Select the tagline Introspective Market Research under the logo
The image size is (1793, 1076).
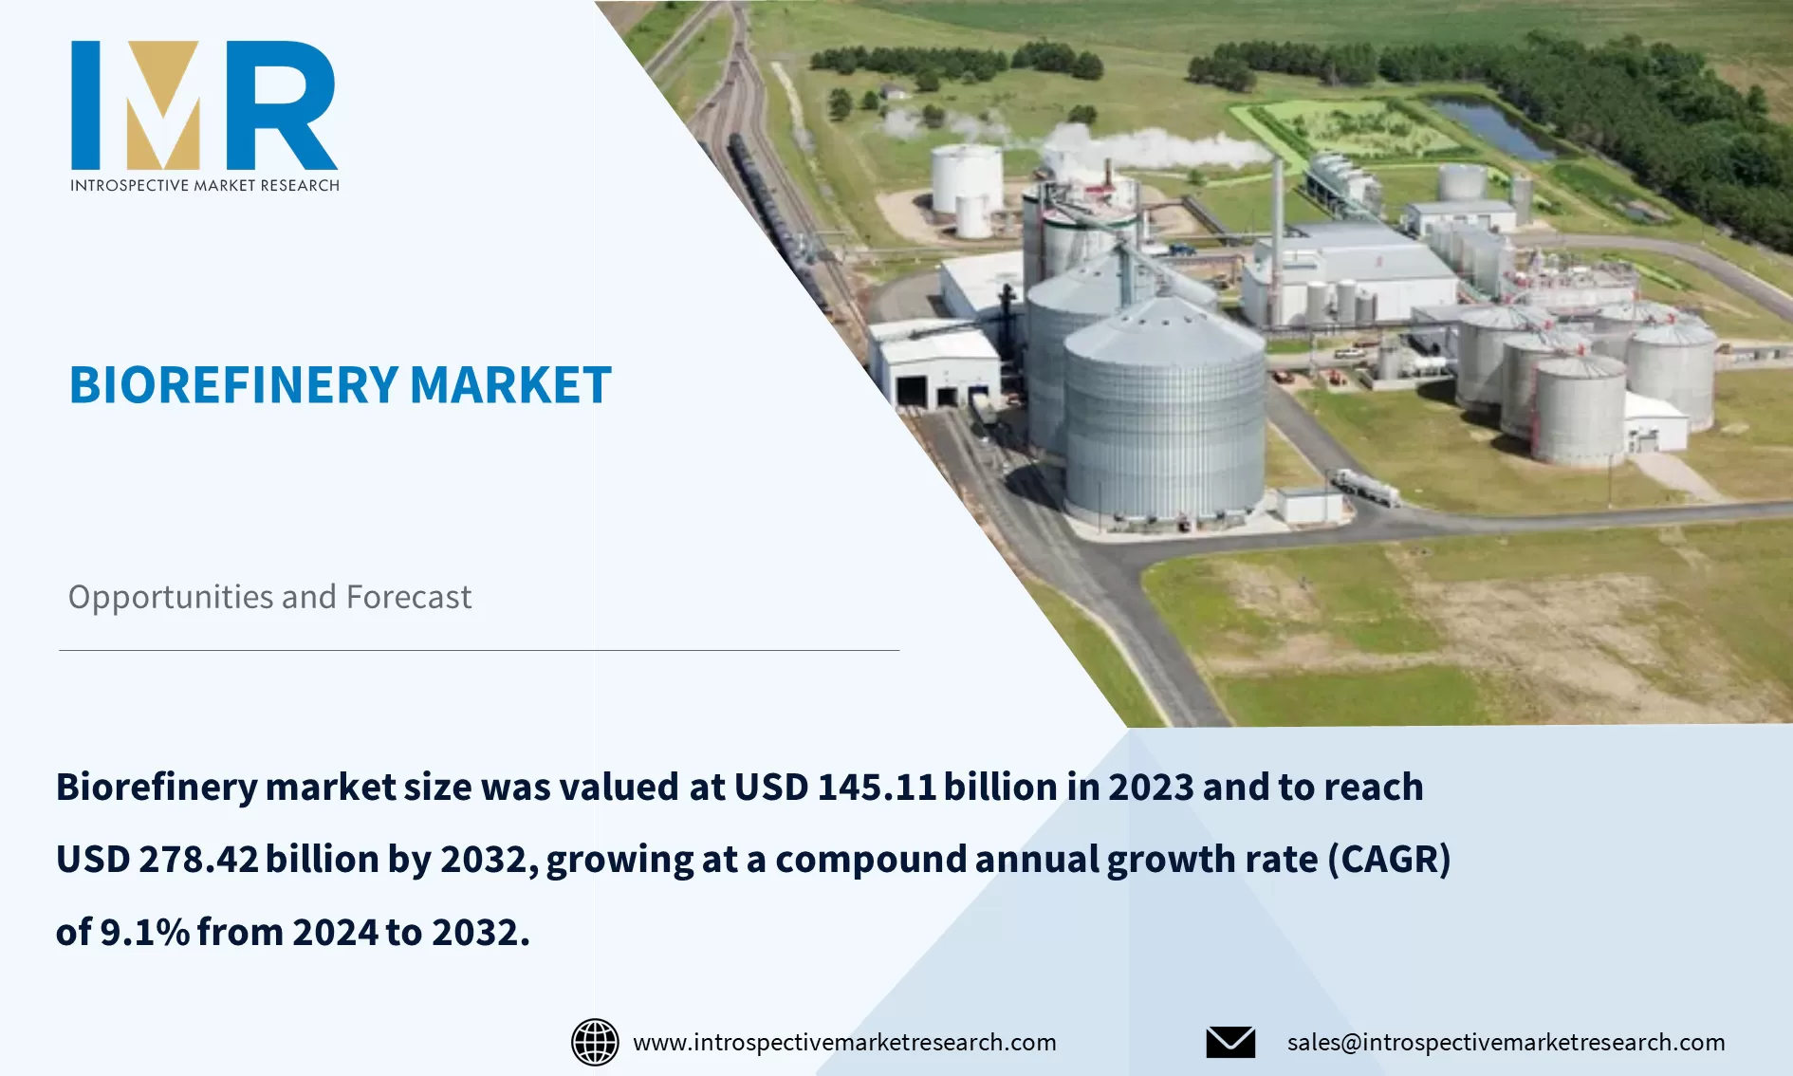(x=204, y=185)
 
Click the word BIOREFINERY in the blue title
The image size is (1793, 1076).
(x=233, y=385)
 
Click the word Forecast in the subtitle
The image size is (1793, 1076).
(x=408, y=597)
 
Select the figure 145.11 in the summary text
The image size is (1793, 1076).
(x=877, y=787)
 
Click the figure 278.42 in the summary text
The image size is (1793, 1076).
(x=198, y=859)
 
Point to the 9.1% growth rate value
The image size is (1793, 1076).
(x=145, y=932)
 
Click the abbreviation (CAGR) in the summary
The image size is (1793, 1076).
(x=1389, y=859)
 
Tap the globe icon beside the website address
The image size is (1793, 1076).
(x=595, y=1042)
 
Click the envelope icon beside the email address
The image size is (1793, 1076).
(x=1230, y=1042)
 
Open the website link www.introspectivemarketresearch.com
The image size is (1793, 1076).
(x=844, y=1042)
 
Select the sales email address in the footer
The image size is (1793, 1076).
(x=1506, y=1042)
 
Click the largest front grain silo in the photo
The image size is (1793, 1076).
(x=1164, y=417)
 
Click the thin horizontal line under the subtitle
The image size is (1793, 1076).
(x=479, y=650)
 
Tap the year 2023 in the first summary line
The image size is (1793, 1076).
(x=1150, y=787)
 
